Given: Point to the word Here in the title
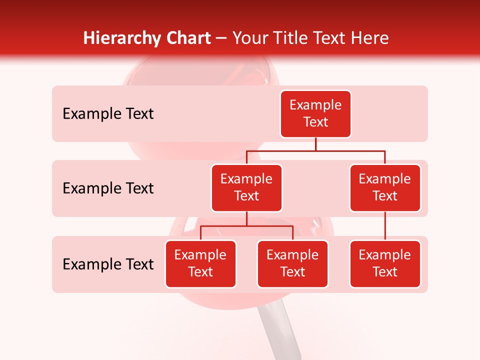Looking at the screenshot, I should [370, 38].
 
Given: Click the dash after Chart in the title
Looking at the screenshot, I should [221, 39].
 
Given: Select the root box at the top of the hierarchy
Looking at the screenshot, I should [315, 113].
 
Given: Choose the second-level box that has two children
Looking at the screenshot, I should [246, 187].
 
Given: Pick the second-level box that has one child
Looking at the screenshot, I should [385, 187].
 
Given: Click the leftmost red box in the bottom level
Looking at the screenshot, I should [200, 263].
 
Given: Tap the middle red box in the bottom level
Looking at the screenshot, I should [292, 263].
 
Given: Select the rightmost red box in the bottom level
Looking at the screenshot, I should [385, 263].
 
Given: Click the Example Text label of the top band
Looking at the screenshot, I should [108, 113].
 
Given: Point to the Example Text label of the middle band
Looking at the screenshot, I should [108, 188].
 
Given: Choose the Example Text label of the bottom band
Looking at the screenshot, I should [108, 264].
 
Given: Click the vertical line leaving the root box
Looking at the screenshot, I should [315, 144].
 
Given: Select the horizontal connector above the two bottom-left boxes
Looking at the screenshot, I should [246, 226].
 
